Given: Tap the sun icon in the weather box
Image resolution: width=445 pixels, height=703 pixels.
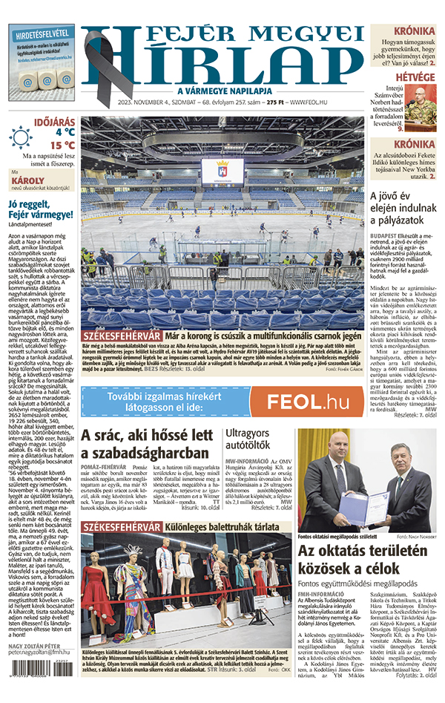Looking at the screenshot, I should (20, 138).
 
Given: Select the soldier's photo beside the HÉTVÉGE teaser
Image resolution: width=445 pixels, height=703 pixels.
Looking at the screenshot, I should (421, 104).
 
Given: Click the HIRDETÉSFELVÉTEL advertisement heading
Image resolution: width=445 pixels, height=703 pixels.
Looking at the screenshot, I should (42, 33).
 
